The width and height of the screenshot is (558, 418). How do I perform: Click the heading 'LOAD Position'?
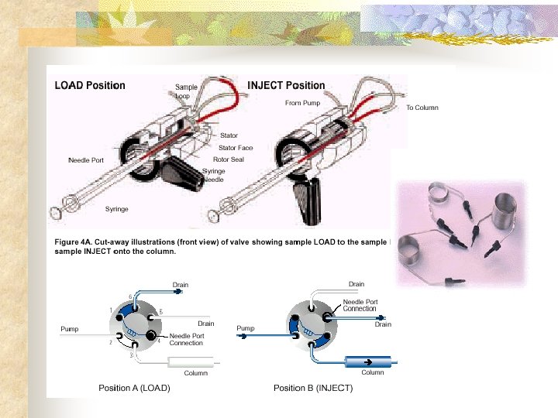(89, 85)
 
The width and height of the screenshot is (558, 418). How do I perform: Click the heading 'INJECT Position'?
(286, 85)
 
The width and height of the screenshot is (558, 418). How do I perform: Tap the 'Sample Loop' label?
(185, 91)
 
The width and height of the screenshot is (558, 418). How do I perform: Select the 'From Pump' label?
(302, 103)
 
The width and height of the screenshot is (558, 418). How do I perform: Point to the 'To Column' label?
(422, 108)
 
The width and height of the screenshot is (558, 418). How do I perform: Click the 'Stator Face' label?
(236, 147)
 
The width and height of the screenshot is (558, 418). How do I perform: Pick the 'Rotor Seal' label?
(229, 159)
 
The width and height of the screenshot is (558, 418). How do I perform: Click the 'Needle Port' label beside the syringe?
(86, 160)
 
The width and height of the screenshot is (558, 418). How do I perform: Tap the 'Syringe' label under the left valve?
(117, 209)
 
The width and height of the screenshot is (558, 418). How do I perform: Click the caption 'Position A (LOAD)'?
(133, 387)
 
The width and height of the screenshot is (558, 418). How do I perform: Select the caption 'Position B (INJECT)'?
(313, 387)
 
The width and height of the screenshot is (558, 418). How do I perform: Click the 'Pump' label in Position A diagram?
(70, 329)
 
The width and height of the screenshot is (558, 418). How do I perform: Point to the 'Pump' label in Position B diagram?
(246, 329)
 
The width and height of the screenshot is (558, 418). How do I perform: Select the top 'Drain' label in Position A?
(180, 285)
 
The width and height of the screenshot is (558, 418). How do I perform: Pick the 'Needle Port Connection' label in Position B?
(360, 305)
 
